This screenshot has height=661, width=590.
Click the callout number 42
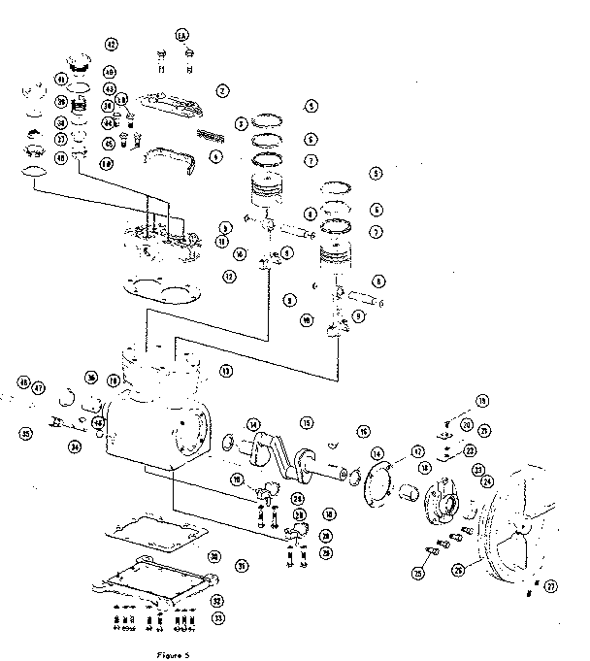[x=112, y=45]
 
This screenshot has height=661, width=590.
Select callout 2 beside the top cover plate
[x=222, y=91]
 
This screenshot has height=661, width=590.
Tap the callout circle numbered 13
[x=225, y=369]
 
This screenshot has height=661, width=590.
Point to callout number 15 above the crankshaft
[x=306, y=423]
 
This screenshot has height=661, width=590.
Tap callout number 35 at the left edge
[x=25, y=434]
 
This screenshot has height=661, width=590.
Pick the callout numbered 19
[x=482, y=400]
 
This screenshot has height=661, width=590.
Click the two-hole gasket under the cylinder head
[x=162, y=288]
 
